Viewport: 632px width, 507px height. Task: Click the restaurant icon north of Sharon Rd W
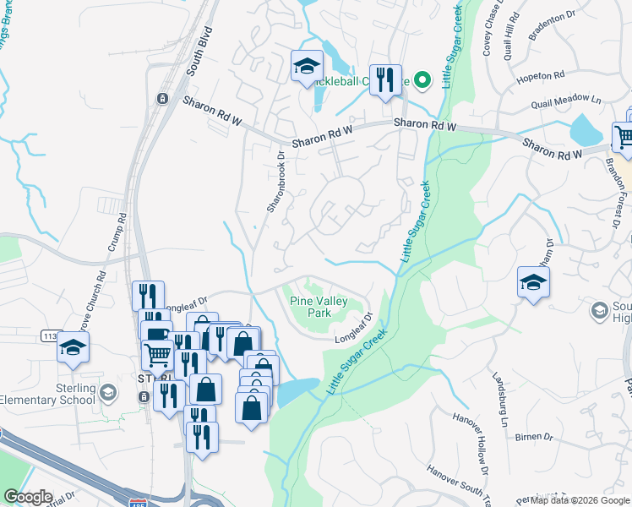click(384, 81)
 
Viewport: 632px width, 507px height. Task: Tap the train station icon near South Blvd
click(162, 98)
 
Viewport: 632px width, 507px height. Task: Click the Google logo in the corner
click(27, 497)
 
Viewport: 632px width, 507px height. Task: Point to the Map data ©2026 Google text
click(580, 500)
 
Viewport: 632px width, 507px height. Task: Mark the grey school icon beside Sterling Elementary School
click(107, 393)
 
